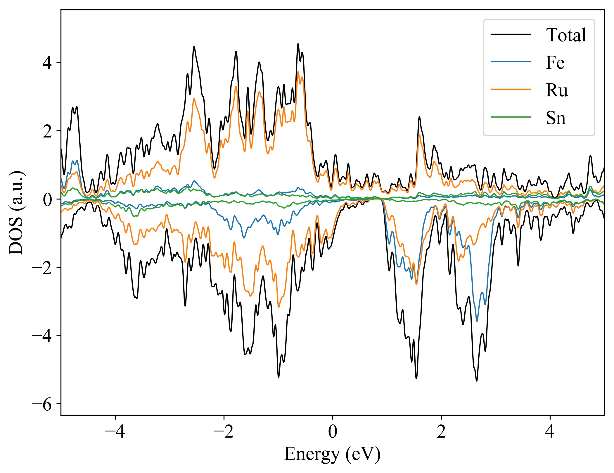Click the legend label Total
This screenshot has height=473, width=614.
[566, 35]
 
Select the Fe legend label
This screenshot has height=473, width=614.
[555, 63]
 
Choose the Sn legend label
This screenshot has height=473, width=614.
[556, 118]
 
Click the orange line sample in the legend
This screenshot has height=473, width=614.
[511, 89]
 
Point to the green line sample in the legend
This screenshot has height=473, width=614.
[511, 117]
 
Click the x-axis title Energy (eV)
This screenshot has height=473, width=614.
[332, 454]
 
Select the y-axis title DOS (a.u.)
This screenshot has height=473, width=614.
[16, 213]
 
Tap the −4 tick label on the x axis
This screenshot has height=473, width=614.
[115, 431]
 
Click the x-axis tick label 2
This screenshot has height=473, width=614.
[441, 431]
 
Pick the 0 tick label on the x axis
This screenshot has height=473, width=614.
[333, 431]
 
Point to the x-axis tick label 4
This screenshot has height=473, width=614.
[550, 431]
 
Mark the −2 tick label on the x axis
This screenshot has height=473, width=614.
[224, 431]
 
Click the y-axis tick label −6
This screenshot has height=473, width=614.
[42, 404]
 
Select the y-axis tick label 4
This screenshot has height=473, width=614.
[47, 63]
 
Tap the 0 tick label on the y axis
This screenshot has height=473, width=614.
[47, 199]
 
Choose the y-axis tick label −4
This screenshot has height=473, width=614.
[42, 336]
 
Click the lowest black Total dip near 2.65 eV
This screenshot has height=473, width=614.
[477, 381]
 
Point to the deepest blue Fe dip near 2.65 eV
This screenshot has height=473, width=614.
[477, 321]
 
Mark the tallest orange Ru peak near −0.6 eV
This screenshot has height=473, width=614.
[298, 72]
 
